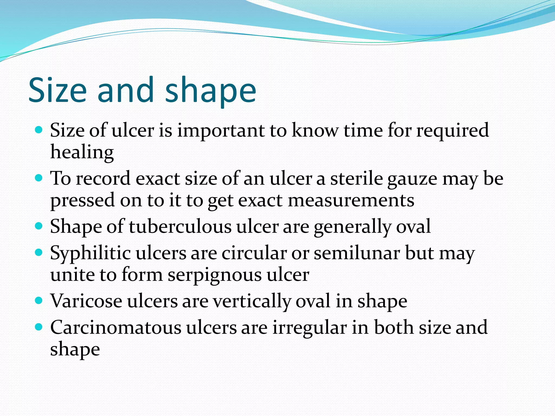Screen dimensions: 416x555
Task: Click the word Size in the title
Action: pyautogui.click(x=57, y=90)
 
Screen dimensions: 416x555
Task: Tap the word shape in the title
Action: pyautogui.click(x=210, y=91)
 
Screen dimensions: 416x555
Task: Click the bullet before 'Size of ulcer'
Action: pyautogui.click(x=39, y=130)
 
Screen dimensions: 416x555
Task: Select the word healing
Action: pyautogui.click(x=82, y=152)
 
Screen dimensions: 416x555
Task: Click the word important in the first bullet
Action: pyautogui.click(x=221, y=131)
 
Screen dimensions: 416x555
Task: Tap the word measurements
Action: pyautogui.click(x=351, y=201)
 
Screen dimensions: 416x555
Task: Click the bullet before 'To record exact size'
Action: pyautogui.click(x=39, y=178)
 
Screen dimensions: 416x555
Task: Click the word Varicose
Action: pyautogui.click(x=86, y=301)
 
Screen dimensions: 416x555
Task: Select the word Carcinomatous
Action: pyautogui.click(x=116, y=328)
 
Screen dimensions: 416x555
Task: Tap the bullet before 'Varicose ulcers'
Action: pyautogui.click(x=39, y=301)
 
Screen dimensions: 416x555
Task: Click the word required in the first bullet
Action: pyautogui.click(x=452, y=131)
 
